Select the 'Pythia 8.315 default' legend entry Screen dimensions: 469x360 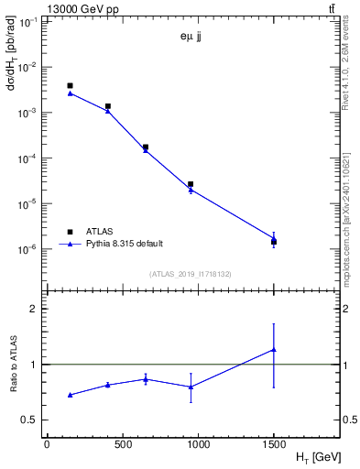(124, 244)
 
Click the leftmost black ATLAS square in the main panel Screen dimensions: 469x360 (70, 85)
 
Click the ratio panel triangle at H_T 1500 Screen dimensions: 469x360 (274, 349)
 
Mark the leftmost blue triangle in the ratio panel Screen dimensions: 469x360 (70, 395)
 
